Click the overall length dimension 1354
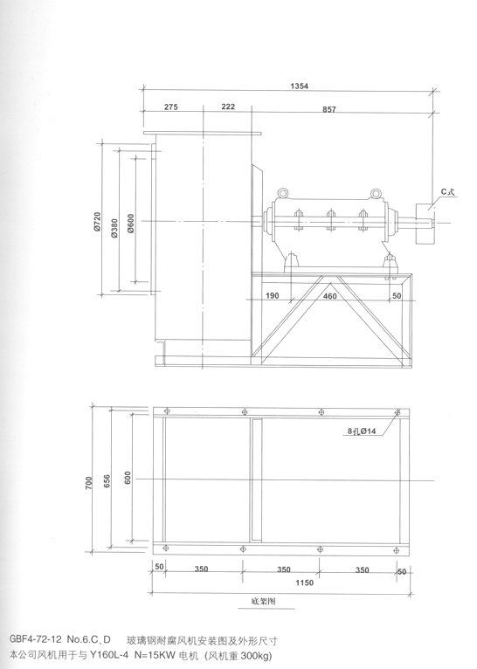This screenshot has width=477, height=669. (299, 86)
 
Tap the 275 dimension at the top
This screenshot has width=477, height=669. (170, 107)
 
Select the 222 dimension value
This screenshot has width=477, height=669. (228, 107)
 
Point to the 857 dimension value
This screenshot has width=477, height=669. (329, 109)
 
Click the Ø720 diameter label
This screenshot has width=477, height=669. (97, 222)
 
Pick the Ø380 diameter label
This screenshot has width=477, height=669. (114, 228)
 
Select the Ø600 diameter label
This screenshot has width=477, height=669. (130, 223)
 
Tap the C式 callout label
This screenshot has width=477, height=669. (447, 192)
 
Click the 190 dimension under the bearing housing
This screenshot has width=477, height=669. (273, 296)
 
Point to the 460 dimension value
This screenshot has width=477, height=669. (330, 296)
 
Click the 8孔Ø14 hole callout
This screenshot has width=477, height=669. (362, 431)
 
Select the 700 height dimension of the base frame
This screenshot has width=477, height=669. (89, 483)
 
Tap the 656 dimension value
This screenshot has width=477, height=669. (107, 482)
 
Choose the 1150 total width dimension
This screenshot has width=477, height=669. (304, 583)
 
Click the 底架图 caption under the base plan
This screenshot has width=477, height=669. (263, 601)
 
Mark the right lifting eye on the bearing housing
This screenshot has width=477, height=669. (375, 194)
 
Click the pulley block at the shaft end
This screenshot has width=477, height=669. (425, 223)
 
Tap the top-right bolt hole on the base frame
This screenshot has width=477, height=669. (397, 412)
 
